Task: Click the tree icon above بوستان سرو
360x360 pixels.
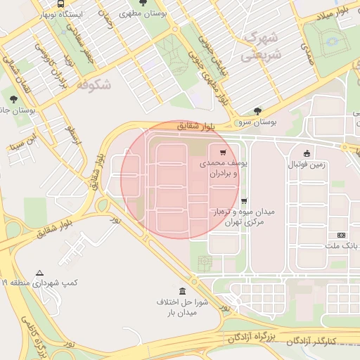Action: click(258, 110)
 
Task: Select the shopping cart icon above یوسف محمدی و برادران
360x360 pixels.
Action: click(223, 152)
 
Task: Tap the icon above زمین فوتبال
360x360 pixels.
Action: click(307, 154)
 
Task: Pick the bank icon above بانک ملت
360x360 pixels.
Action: click(342, 235)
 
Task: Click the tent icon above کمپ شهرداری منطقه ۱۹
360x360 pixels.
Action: click(40, 273)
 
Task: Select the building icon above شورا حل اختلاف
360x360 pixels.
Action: click(183, 291)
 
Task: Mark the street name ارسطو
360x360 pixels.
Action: click(74, 134)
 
